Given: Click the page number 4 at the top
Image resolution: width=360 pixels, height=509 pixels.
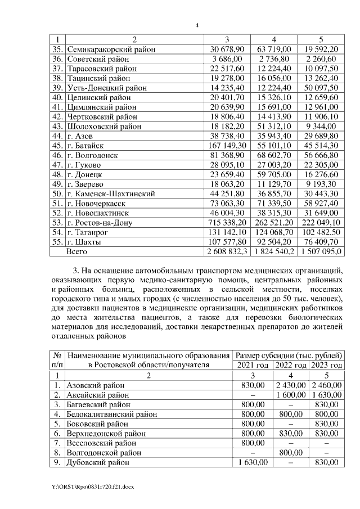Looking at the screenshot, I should (197, 25).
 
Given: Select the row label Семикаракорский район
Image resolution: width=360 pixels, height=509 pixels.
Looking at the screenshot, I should (111, 49).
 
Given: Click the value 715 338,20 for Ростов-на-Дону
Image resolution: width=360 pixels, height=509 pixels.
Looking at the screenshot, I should (224, 223).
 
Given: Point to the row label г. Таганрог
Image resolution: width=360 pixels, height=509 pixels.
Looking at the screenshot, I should (90, 232).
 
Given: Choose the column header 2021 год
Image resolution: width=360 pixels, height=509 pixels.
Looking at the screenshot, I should (251, 365).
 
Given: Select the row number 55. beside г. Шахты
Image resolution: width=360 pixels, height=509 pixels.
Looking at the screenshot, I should (58, 242).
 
